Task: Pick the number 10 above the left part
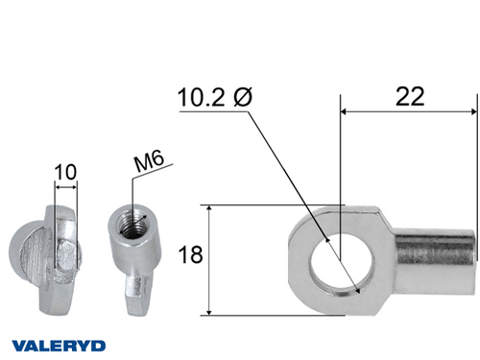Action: [65, 173]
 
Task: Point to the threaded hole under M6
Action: [129, 228]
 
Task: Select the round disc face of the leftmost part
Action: [32, 254]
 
